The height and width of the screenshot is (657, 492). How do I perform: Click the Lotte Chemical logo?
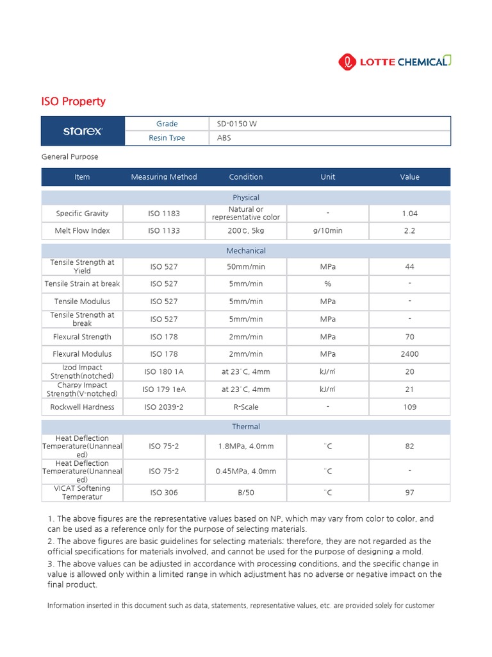(394, 62)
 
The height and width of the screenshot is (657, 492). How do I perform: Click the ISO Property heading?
(73, 101)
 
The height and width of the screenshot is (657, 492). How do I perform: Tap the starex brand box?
(82, 131)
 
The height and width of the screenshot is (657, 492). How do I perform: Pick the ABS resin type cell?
(224, 138)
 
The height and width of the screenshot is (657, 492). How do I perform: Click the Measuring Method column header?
(164, 177)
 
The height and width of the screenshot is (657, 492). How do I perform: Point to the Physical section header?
(246, 198)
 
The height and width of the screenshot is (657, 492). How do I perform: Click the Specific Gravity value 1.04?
(410, 214)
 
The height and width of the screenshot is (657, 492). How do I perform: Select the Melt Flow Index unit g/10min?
(327, 231)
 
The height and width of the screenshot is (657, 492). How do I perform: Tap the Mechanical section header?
(246, 251)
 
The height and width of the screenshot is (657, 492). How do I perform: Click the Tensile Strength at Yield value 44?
(410, 266)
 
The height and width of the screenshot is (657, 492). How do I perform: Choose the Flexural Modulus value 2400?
(410, 354)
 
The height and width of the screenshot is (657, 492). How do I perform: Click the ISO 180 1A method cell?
(164, 371)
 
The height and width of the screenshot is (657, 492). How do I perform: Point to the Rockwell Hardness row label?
(82, 407)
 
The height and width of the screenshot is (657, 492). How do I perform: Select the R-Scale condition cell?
(246, 407)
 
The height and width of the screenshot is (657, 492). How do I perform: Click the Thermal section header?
(246, 427)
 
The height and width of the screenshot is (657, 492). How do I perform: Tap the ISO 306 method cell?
(164, 493)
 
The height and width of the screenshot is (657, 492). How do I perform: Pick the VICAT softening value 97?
(410, 493)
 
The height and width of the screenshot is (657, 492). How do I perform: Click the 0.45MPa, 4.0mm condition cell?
(246, 471)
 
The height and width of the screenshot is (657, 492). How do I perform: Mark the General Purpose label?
(70, 157)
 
